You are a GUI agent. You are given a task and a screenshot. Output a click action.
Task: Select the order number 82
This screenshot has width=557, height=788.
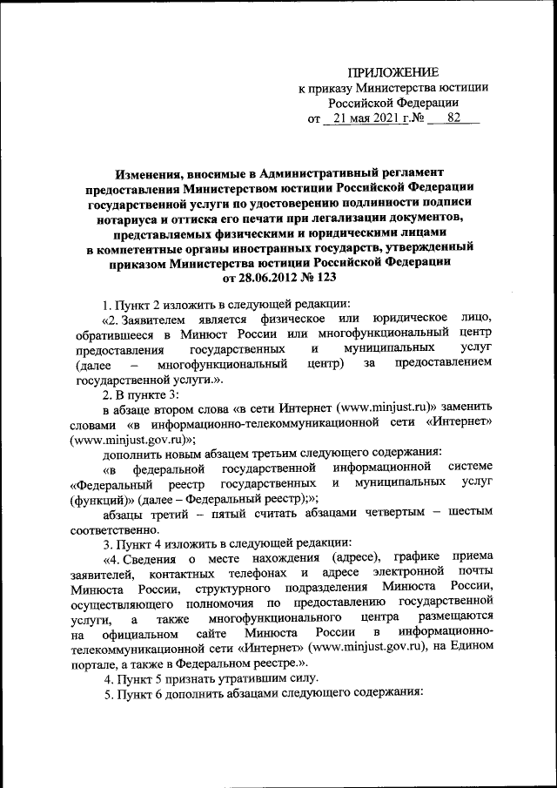point(453,118)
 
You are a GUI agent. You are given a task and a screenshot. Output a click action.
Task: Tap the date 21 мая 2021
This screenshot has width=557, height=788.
point(359,118)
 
